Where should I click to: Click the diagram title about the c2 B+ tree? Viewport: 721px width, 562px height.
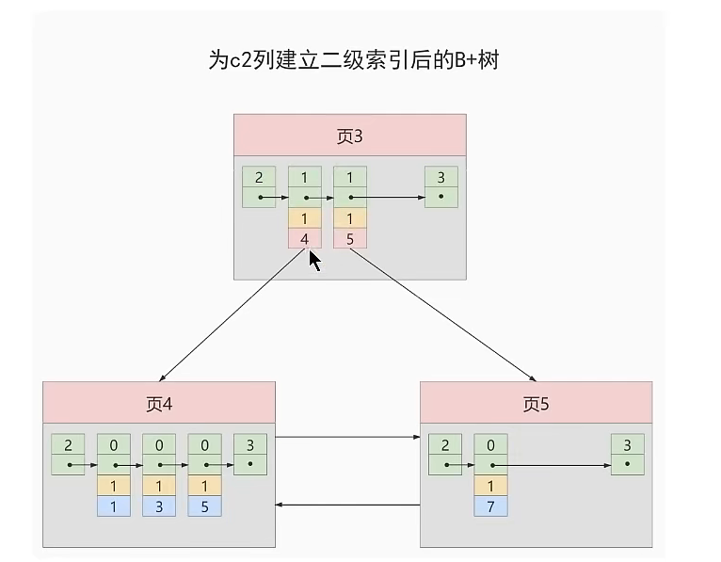(353, 61)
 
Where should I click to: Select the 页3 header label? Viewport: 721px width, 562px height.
(349, 136)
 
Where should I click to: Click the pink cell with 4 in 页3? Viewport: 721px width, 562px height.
(305, 239)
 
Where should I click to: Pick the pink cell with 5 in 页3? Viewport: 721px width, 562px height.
(350, 239)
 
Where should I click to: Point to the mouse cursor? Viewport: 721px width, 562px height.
(316, 261)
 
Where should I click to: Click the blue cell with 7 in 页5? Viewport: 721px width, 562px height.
(490, 506)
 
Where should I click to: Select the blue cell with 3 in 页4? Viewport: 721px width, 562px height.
(158, 506)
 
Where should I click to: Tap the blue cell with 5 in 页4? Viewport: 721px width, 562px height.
(204, 506)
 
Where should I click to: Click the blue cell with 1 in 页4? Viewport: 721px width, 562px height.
(113, 506)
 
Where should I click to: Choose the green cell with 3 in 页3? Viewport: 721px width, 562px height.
(441, 178)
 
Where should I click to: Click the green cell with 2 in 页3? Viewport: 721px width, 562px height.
(259, 178)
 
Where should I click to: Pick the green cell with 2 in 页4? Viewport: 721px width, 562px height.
(68, 444)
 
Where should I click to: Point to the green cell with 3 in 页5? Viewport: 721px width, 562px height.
(627, 444)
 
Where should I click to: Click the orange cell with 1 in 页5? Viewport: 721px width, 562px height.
(490, 486)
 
